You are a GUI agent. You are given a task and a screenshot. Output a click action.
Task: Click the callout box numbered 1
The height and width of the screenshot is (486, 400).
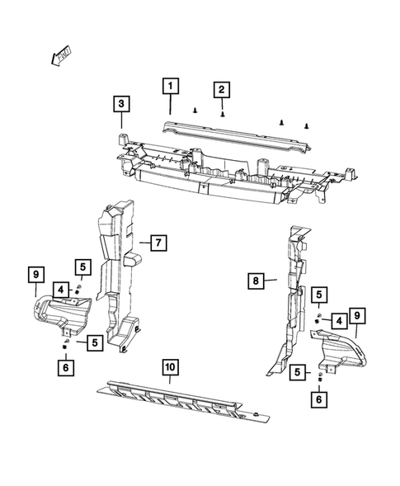[x=169, y=85]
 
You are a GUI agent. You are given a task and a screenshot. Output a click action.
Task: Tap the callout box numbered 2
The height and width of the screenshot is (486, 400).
[x=222, y=89]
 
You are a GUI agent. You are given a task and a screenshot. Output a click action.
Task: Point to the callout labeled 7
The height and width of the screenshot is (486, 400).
[x=158, y=243]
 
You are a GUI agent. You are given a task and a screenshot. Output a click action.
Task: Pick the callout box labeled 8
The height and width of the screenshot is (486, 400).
[x=256, y=281]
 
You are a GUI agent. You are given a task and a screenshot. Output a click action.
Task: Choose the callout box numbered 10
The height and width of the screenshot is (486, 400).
[x=169, y=368]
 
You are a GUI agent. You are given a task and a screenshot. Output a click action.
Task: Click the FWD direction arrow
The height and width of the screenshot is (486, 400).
[x=59, y=56]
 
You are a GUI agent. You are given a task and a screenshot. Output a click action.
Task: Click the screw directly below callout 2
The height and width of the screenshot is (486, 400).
[x=223, y=118]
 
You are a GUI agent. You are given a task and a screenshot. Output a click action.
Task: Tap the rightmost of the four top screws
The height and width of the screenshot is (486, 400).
[x=308, y=126]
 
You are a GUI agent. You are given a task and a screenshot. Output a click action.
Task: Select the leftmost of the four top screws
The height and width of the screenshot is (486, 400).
[x=195, y=109]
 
